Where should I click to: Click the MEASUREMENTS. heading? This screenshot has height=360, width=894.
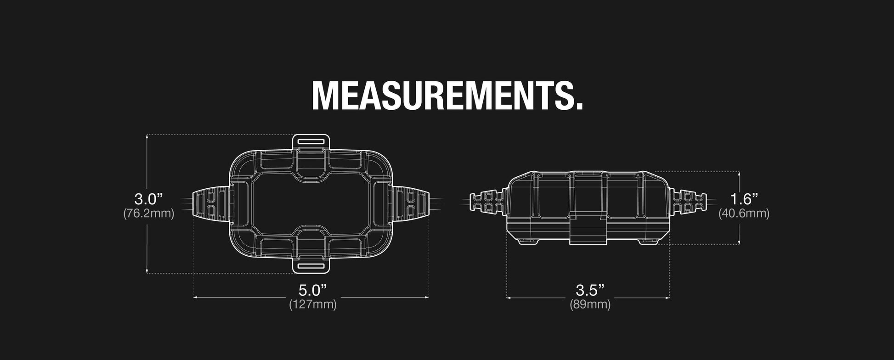(447, 96)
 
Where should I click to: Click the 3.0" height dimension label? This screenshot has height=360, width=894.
(148, 199)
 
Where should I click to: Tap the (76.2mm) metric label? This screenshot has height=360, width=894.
(148, 214)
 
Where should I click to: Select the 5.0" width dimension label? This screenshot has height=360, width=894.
(312, 290)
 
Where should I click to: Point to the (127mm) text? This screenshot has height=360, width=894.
(312, 304)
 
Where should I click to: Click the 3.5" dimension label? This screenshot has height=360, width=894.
(589, 290)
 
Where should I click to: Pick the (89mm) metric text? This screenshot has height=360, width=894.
(590, 304)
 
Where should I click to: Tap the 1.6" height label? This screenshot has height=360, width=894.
(744, 199)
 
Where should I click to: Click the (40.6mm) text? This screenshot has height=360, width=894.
(744, 214)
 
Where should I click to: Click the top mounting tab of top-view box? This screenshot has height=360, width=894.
(311, 141)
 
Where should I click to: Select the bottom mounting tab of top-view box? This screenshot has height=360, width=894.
(311, 266)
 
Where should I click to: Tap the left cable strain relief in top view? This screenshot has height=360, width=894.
(210, 204)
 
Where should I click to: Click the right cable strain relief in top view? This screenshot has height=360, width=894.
(412, 204)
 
